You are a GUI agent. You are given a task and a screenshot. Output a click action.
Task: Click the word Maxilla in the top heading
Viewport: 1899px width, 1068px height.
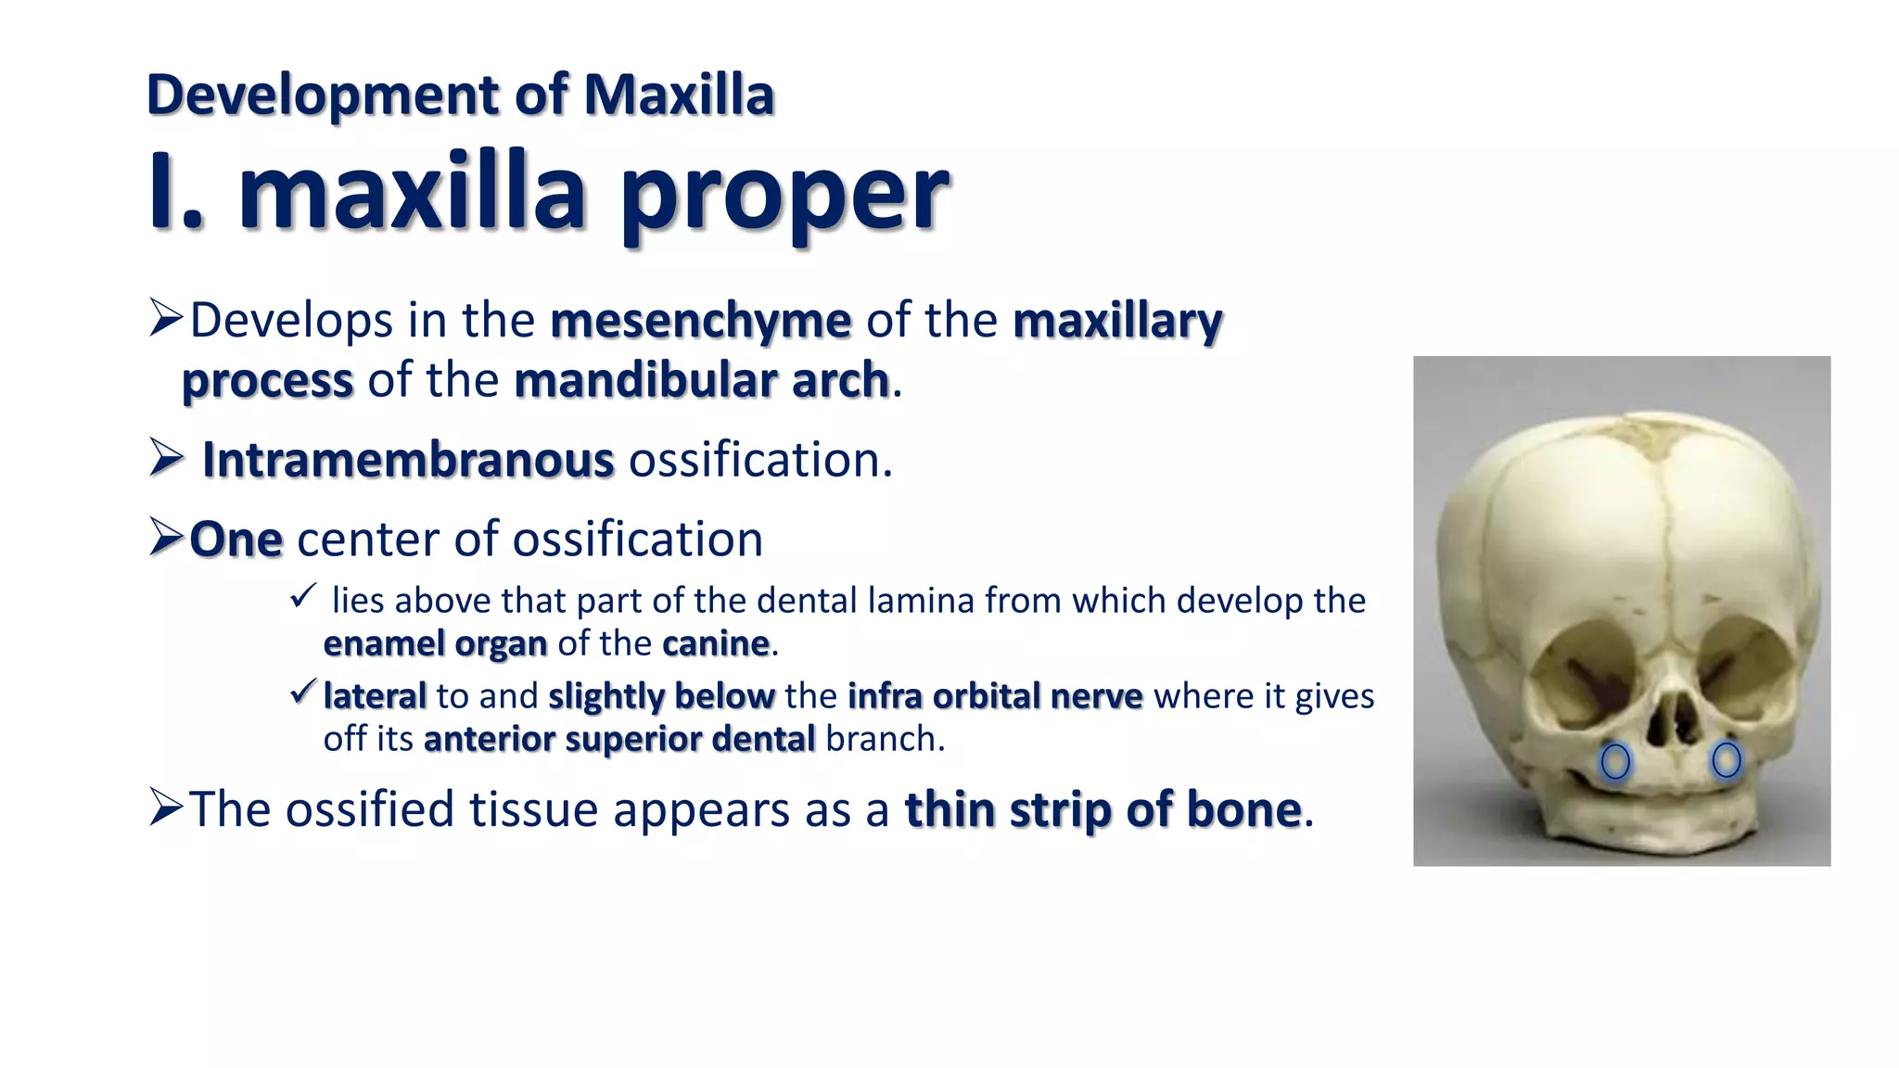click(x=678, y=95)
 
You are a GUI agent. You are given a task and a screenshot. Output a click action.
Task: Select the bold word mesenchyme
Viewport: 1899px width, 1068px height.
click(x=700, y=321)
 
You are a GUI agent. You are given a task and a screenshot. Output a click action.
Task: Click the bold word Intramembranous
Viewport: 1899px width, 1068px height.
click(x=408, y=460)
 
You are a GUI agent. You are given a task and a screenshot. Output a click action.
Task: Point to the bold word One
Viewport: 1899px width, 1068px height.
click(x=236, y=540)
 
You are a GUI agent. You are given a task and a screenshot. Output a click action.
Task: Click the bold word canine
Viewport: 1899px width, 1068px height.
click(x=716, y=643)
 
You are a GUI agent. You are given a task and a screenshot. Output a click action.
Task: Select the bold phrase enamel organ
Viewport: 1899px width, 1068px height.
click(x=435, y=643)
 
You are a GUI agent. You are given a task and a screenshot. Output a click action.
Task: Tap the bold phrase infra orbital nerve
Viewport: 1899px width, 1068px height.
click(x=995, y=696)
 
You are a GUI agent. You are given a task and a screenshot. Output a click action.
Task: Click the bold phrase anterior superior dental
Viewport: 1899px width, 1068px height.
click(x=619, y=739)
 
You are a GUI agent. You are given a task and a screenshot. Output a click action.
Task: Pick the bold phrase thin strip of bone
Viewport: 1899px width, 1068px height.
click(x=1103, y=809)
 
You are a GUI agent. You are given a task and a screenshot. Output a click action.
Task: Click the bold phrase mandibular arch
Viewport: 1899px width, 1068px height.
click(x=702, y=380)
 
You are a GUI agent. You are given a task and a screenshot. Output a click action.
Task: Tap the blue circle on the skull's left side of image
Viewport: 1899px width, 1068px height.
click(x=1615, y=761)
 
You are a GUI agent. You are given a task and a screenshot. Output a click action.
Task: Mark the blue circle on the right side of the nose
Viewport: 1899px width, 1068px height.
click(x=1726, y=760)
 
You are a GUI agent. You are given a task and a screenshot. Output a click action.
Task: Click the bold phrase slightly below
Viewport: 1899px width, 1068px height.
click(x=661, y=696)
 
